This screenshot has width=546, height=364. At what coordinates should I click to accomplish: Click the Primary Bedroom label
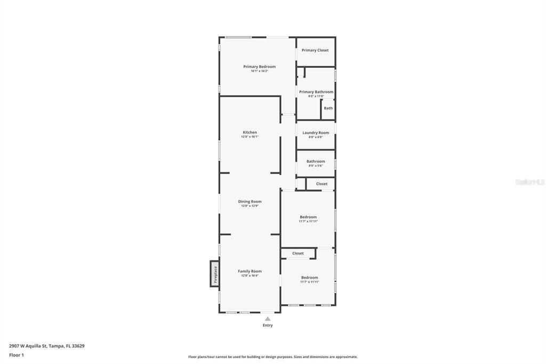(x=259, y=67)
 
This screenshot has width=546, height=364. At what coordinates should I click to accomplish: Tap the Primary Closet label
(x=315, y=50)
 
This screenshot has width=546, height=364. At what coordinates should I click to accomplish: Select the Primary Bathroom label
(x=316, y=92)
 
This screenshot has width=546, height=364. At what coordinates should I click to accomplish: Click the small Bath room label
(x=328, y=108)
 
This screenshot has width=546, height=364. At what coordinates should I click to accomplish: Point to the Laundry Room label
(x=316, y=132)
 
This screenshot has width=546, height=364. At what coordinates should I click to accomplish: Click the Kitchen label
(x=250, y=132)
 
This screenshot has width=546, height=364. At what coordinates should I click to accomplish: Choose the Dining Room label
(x=250, y=202)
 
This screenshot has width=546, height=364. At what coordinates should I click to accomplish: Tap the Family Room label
(x=250, y=271)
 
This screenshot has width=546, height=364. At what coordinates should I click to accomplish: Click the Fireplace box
(x=215, y=274)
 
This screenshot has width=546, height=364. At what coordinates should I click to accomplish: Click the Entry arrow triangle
(x=268, y=319)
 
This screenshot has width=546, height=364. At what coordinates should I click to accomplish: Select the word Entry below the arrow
(x=268, y=325)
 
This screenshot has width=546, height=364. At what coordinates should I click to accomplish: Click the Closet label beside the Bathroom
(x=322, y=184)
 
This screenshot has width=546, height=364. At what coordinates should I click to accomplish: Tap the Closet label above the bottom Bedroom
(x=298, y=253)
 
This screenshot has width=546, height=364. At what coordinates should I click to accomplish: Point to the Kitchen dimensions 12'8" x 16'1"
(x=250, y=137)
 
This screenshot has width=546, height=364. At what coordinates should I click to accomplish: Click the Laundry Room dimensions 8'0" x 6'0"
(x=316, y=137)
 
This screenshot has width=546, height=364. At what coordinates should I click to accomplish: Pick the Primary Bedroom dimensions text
(x=259, y=71)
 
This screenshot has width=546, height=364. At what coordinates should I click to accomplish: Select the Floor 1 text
(x=17, y=355)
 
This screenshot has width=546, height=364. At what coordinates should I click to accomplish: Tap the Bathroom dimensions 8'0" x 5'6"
(x=316, y=165)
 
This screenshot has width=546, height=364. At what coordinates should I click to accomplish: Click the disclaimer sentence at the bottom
(x=272, y=357)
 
